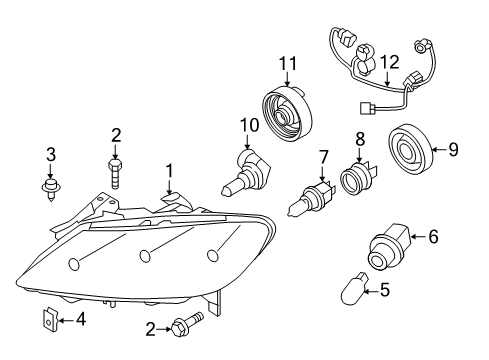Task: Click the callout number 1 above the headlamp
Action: tap(169, 172)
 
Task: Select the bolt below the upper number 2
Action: tap(115, 174)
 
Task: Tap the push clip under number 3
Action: tap(51, 190)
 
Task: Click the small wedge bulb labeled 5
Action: tap(355, 288)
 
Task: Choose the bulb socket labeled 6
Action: tap(389, 247)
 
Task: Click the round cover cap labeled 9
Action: tap(410, 150)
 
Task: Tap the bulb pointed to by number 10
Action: tap(245, 173)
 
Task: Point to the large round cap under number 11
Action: tap(287, 113)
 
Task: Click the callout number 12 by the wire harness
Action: tap(390, 62)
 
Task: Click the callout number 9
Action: tap(453, 149)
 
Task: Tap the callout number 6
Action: tap(433, 237)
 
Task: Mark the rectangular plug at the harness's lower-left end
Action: tap(366, 108)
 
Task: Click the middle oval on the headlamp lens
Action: tap(145, 256)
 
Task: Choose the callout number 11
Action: tap(288, 63)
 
